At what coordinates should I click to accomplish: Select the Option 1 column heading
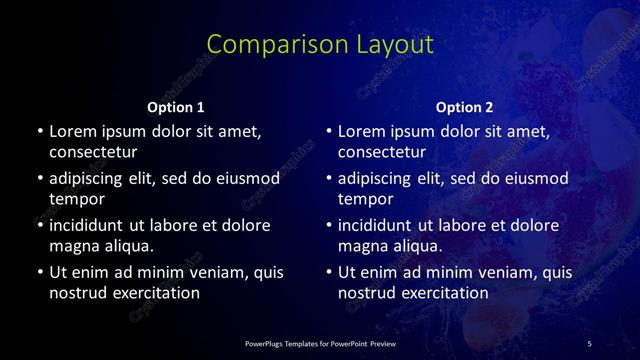pyautogui.click(x=176, y=107)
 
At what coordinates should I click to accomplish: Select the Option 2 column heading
pyautogui.click(x=465, y=107)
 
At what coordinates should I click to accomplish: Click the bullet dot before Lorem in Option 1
pyautogui.click(x=39, y=132)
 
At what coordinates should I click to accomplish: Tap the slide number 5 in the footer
pyautogui.click(x=590, y=344)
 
